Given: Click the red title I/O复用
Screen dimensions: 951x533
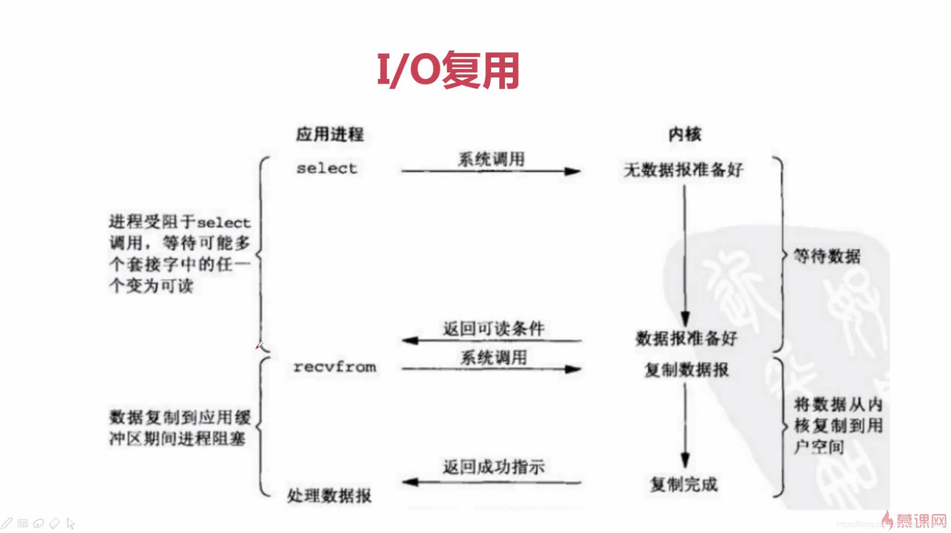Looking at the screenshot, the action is coord(448,71).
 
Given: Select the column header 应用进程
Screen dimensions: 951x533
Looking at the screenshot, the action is coord(330,134).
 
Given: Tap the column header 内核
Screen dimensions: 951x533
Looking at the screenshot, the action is coord(685,134).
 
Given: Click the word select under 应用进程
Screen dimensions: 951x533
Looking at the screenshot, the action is coord(327,169).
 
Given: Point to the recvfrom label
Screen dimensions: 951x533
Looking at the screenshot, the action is coord(335,367).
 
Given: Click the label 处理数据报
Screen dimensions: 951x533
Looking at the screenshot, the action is coord(329,496).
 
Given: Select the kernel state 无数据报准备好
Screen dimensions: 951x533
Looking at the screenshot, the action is coord(683,170).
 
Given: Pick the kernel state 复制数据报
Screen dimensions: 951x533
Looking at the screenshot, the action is coord(686,370).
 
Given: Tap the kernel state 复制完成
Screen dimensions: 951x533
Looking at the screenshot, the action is coord(684,484).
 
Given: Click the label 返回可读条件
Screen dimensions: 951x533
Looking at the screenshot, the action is coord(493,329).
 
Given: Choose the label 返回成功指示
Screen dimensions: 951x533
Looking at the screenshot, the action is coord(493,467).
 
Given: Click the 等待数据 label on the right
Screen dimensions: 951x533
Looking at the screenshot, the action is coord(827,256).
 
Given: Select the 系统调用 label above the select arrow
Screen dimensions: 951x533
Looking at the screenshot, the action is coord(491,159).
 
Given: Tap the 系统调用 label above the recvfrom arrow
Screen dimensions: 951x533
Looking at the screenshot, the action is coord(493,358).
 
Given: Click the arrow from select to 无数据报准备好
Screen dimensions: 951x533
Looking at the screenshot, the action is coord(490,171).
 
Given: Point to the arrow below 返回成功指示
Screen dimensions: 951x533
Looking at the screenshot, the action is coord(491,482).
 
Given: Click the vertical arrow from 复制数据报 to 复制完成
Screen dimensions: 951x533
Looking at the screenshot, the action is coord(685,424).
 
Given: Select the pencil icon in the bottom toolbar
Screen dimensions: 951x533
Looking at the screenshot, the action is coord(7,523).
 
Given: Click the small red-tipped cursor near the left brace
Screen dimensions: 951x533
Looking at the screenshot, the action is coord(259,345).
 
